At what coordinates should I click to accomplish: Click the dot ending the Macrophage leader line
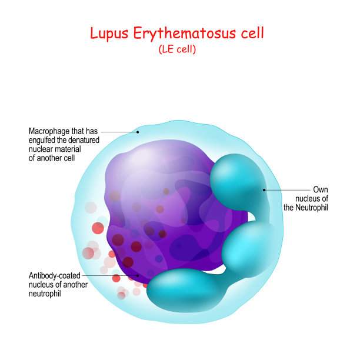tap(138, 132)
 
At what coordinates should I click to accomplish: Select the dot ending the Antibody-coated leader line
tap(139, 274)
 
